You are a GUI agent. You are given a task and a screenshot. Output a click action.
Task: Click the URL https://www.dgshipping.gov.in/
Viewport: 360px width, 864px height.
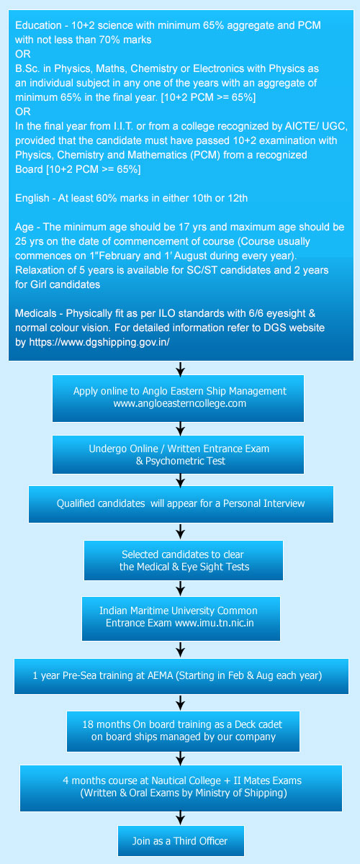(99, 342)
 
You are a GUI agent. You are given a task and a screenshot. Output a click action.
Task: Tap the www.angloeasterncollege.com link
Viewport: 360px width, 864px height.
(180, 403)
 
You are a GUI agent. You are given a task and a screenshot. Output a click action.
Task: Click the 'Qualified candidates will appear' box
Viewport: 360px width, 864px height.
(181, 504)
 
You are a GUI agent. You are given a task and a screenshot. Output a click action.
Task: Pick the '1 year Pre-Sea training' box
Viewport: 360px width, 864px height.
(181, 676)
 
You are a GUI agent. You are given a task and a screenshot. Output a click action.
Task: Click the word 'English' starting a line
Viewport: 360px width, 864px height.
(32, 198)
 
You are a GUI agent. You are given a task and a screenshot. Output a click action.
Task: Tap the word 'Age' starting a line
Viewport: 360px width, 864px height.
(24, 228)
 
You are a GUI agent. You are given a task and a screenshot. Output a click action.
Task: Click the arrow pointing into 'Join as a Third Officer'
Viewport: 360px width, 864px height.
(180, 818)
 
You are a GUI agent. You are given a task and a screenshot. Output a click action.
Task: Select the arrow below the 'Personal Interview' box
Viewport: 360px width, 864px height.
(180, 531)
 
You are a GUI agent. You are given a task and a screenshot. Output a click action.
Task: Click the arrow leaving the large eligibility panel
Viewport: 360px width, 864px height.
(180, 368)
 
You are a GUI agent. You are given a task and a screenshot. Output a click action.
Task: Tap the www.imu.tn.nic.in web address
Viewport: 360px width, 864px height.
(215, 623)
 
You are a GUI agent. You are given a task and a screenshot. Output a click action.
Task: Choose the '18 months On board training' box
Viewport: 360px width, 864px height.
(184, 732)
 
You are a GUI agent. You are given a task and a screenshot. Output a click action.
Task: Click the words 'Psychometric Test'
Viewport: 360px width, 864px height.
(185, 461)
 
